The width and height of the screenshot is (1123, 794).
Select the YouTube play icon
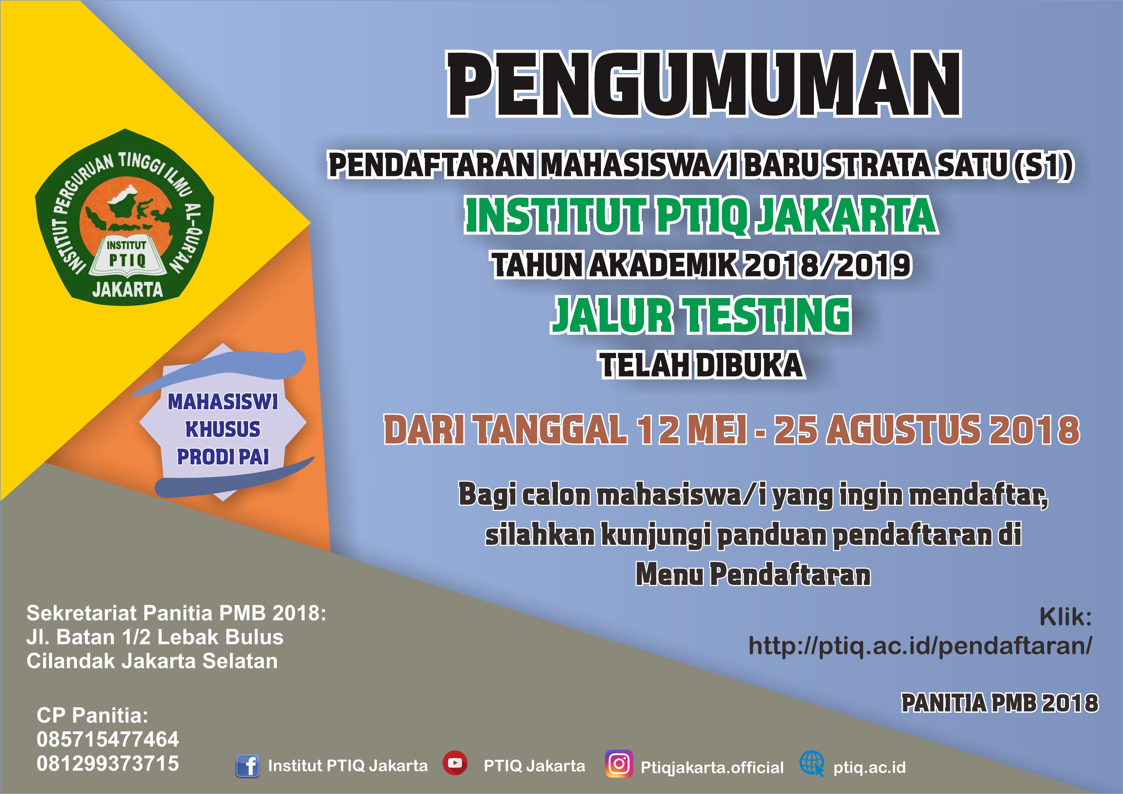point(455,763)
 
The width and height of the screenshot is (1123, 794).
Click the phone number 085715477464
point(108,739)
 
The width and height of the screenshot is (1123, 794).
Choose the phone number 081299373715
point(108,763)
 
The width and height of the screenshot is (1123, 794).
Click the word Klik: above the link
point(1065,617)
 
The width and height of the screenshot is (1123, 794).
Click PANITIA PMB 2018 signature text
point(1000,703)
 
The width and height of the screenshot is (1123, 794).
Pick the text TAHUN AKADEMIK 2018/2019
point(701,265)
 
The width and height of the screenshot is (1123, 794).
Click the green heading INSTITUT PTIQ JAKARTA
point(701,215)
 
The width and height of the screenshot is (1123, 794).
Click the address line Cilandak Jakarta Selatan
point(152,661)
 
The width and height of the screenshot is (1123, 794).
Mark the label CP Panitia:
point(92,715)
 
